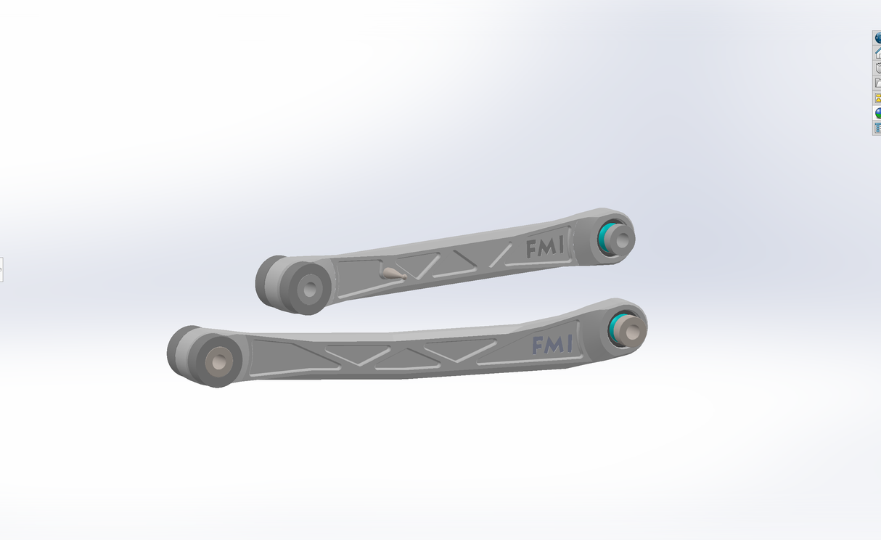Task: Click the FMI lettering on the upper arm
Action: (545, 248)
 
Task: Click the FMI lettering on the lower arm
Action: (552, 345)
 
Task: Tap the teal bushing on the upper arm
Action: (605, 236)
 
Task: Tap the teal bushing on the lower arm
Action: (618, 327)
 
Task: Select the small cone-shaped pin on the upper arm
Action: (393, 274)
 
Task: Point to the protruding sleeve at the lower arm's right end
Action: (631, 330)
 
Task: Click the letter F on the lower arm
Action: (538, 345)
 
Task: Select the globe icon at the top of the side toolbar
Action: (877, 38)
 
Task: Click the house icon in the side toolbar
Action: (877, 53)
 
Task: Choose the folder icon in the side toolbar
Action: (877, 83)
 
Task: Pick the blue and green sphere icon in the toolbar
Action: (877, 113)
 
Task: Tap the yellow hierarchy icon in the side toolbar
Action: (877, 98)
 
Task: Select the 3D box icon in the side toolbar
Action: (877, 68)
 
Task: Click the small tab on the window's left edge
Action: (1, 269)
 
